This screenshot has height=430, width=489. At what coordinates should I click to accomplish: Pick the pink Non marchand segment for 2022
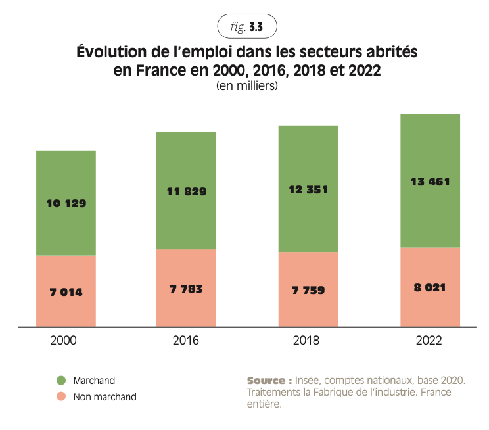pos(430,309)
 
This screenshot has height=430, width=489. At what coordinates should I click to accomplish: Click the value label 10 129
pos(66,203)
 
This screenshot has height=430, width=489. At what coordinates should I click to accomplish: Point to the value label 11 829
pos(186,192)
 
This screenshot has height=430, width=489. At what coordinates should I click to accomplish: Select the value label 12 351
pos(308,189)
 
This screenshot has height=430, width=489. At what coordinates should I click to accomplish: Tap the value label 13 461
pos(430,181)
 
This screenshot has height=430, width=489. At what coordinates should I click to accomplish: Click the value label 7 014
pos(66,291)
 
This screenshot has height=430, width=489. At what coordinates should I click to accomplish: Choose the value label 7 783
pos(186,288)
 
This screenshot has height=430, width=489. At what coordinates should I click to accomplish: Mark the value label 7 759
pos(308,289)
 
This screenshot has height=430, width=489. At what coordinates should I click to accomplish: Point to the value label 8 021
pos(430,287)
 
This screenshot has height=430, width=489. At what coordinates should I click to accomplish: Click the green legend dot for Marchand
pos(60,381)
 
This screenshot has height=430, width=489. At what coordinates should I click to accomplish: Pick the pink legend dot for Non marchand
pos(60,396)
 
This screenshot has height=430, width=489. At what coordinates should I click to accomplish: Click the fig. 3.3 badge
pos(247,27)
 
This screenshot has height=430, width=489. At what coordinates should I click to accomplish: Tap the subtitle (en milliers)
pos(247,86)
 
